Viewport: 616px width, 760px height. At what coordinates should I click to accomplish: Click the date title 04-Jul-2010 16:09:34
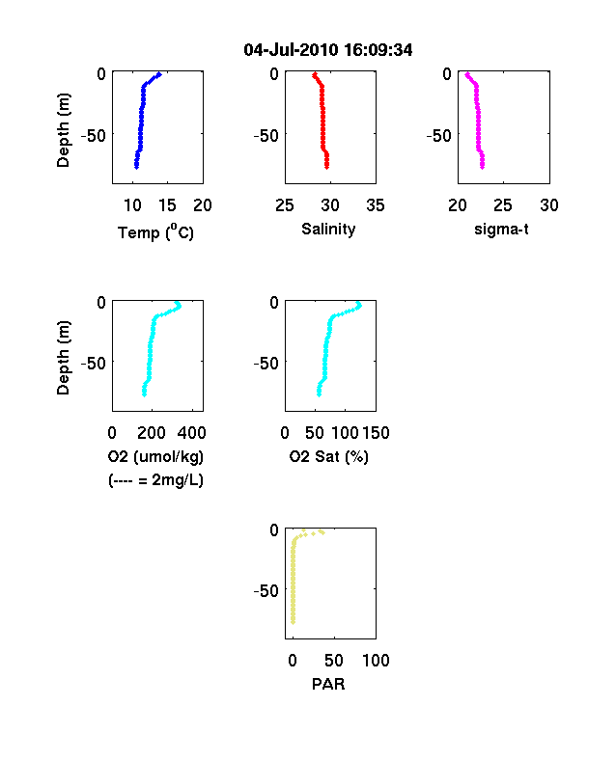(328, 49)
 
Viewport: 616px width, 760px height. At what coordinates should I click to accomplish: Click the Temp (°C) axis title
(155, 231)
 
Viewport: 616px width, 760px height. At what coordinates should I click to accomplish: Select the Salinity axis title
(328, 229)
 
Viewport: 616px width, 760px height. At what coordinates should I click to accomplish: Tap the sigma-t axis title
(501, 229)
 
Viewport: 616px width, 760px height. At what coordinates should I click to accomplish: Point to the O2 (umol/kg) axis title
(155, 456)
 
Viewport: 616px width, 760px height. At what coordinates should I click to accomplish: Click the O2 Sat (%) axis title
(329, 456)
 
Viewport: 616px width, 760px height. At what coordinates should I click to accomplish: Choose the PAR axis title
(328, 684)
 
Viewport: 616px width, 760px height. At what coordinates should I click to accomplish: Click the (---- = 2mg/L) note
(155, 480)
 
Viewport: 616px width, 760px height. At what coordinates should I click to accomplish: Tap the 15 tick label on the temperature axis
(167, 205)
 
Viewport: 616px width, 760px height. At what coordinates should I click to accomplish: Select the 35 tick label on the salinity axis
(376, 205)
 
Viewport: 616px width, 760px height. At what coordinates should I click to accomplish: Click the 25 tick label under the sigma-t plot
(503, 205)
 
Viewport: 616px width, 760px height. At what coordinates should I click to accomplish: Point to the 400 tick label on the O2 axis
(191, 432)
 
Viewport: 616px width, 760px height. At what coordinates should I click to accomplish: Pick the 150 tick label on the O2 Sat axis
(376, 432)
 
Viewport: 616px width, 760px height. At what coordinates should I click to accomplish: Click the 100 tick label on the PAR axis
(376, 660)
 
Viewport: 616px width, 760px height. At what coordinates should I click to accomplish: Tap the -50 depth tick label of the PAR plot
(266, 590)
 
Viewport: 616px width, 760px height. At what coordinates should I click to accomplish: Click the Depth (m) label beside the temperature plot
(63, 130)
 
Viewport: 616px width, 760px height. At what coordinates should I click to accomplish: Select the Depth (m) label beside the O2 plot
(63, 358)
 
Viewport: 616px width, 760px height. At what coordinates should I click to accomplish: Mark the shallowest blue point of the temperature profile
(158, 74)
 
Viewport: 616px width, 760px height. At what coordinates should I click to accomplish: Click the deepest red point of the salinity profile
(327, 167)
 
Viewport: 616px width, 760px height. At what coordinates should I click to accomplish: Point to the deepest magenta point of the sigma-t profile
(482, 167)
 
